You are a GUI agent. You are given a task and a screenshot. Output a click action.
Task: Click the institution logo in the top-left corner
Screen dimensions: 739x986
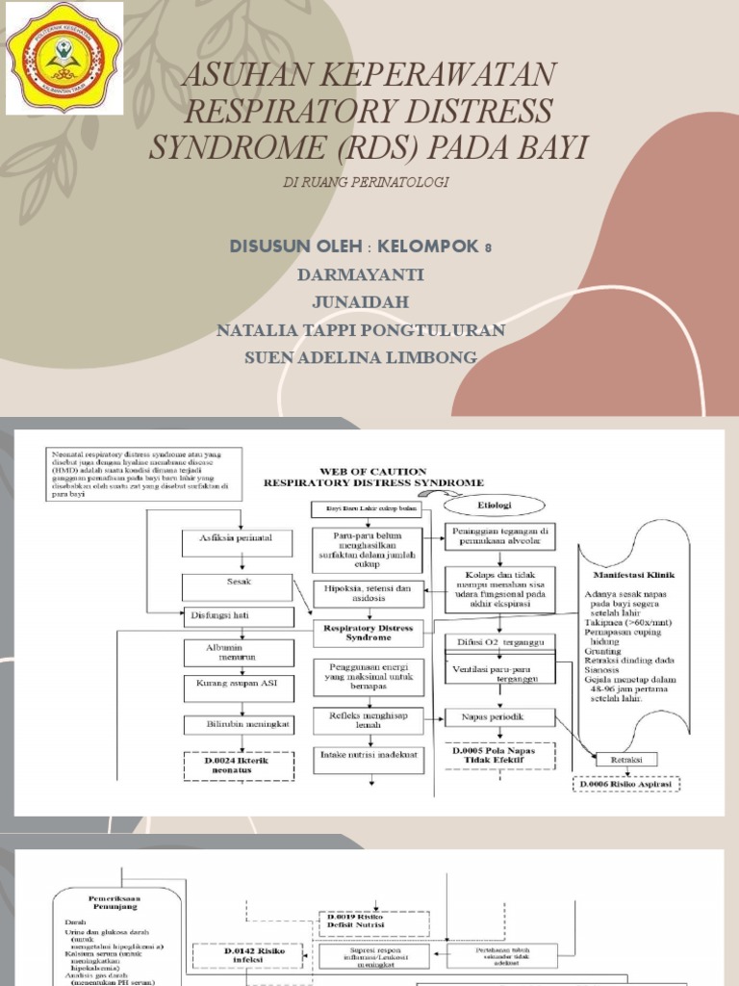64,58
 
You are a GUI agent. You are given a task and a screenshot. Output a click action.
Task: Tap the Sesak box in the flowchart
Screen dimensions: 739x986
227,582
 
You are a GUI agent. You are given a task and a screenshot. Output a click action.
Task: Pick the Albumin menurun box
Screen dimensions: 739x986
227,653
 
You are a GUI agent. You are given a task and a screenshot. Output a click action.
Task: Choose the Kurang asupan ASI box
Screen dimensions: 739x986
227,688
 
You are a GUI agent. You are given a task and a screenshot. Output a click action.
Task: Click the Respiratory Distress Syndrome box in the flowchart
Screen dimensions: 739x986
369,633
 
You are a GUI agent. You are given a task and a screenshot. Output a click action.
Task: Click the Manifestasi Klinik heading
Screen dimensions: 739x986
640,574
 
